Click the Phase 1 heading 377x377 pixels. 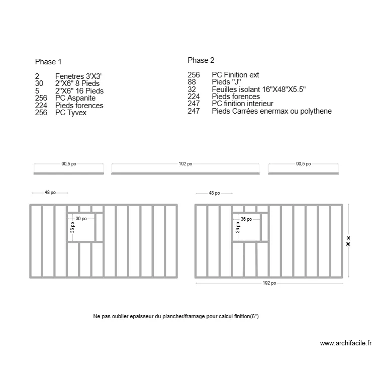[x=48, y=62]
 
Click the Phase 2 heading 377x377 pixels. [x=201, y=60]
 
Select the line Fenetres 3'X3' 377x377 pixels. [x=82, y=76]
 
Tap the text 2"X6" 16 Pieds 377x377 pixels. [x=79, y=91]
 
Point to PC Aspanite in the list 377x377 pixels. [x=75, y=99]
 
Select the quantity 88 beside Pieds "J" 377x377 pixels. [x=192, y=82]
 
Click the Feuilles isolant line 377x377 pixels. [x=258, y=89]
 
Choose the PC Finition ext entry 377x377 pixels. [x=235, y=75]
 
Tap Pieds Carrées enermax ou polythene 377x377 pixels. [x=271, y=111]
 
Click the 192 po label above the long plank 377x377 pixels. [x=185, y=164]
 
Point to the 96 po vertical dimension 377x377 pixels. [x=349, y=241]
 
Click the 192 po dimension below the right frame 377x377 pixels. [x=269, y=283]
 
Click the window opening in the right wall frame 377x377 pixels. [x=247, y=228]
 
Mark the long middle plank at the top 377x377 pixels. [x=185, y=173]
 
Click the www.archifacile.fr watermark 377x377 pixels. [x=345, y=344]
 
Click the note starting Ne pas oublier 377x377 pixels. [x=176, y=317]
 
